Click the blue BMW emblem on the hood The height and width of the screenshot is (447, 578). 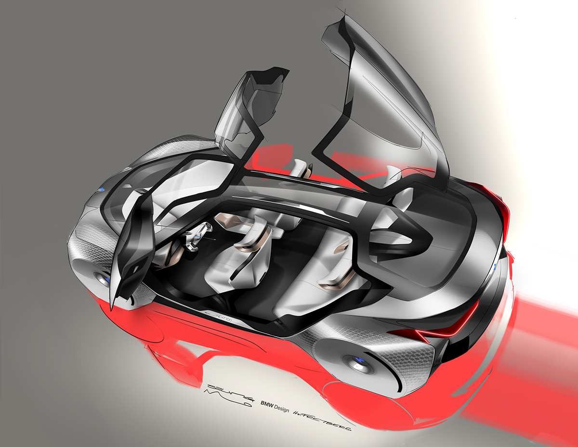pyautogui.click(x=103, y=189)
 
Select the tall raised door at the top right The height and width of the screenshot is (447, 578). pyautogui.click(x=385, y=96)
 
